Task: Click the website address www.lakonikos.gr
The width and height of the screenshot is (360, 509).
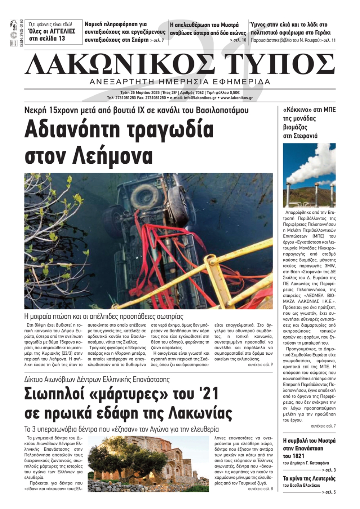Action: point(237,97)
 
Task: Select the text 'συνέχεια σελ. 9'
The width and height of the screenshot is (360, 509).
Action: point(260,364)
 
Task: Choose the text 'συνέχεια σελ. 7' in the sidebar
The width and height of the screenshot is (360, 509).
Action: point(323,426)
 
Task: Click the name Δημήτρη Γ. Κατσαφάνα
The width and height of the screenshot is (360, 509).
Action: point(309,463)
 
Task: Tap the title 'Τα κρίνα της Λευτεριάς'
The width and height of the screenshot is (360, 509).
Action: point(309,478)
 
